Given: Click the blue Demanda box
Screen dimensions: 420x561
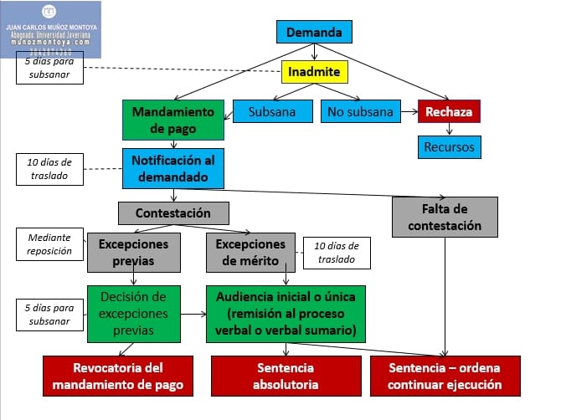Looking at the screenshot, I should [314, 33].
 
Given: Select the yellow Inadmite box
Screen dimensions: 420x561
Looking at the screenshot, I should [314, 72].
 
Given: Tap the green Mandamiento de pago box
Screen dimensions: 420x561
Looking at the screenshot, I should [172, 120].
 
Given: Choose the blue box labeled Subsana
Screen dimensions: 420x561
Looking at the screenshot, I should [272, 111].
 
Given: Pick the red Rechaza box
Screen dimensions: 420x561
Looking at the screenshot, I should [449, 111].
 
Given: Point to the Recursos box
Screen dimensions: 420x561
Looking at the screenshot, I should [449, 147].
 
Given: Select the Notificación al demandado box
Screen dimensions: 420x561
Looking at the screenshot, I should [172, 167].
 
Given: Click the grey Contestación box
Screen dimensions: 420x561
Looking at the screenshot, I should [173, 213].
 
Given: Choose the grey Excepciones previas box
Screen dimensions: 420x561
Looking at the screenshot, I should [134, 253].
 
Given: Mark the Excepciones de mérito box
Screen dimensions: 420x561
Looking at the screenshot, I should [251, 253].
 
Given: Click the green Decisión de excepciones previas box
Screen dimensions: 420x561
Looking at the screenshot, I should [134, 314].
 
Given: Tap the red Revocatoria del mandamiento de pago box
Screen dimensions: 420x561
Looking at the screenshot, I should [118, 376].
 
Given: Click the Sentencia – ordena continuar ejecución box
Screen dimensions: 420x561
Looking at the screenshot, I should [445, 376].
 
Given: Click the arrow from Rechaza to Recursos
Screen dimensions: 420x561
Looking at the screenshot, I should [450, 129].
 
